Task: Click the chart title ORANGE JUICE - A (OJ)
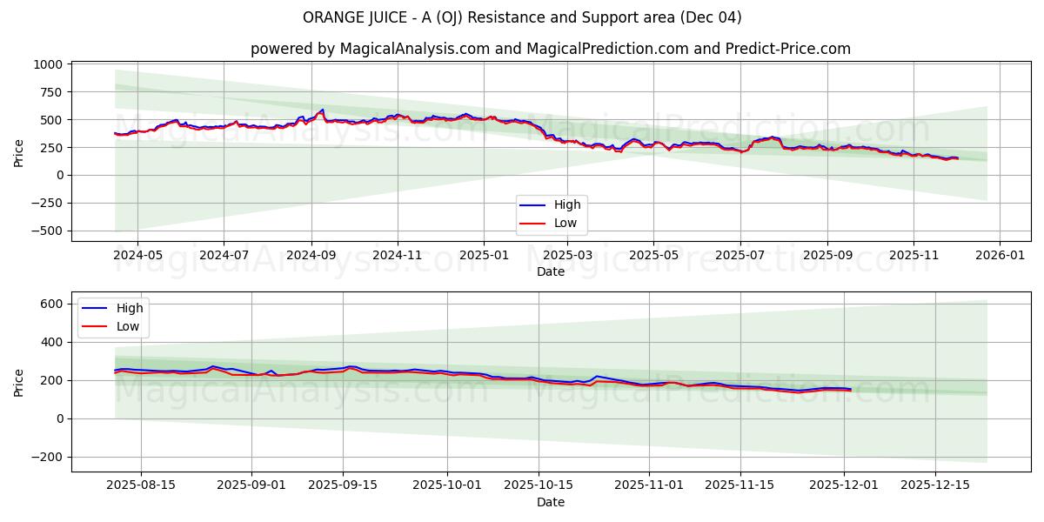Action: [522, 17]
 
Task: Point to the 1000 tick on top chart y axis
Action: [49, 64]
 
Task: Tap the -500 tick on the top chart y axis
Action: [44, 231]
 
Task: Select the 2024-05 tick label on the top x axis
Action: [137, 256]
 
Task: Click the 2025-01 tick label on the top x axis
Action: [483, 256]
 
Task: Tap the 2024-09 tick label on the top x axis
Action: [311, 256]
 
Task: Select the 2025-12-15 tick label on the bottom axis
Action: [934, 485]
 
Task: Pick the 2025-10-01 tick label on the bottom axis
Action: [448, 485]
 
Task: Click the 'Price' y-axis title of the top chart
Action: [19, 153]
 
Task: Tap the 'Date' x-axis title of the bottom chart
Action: [550, 502]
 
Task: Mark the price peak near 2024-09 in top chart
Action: [323, 110]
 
